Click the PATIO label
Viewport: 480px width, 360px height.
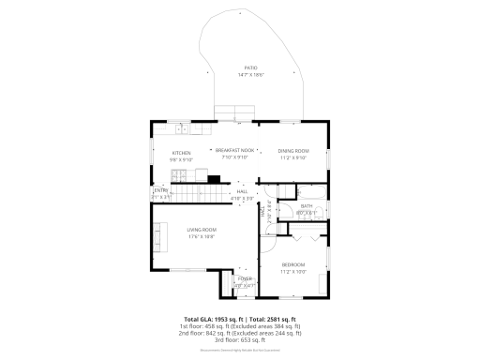click(x=250, y=68)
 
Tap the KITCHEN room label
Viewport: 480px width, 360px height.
click(x=181, y=153)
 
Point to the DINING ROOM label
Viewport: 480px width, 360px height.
click(x=294, y=151)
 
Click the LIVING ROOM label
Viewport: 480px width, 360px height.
click(x=201, y=230)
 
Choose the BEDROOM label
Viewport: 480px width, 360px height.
click(x=294, y=265)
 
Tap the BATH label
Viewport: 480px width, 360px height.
click(x=307, y=206)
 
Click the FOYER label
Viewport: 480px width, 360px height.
click(x=244, y=279)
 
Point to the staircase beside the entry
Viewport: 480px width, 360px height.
click(x=198, y=194)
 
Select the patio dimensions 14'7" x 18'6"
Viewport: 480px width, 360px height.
click(x=250, y=75)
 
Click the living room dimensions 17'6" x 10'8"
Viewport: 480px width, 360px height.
click(x=201, y=236)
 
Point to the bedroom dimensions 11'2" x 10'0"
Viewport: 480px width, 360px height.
click(x=294, y=272)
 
